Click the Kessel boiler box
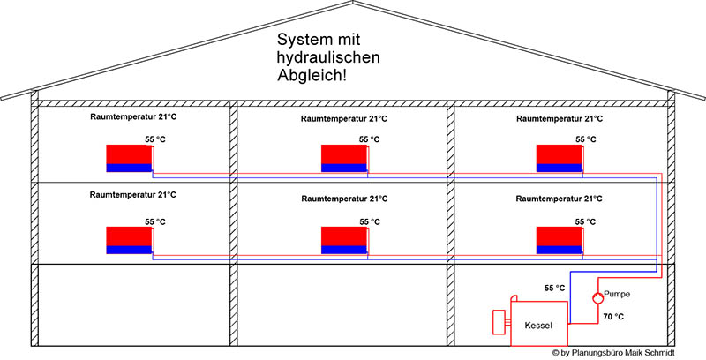click(538, 325)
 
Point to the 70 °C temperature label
click(613, 316)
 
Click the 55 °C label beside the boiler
click(555, 289)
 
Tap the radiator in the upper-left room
click(129, 157)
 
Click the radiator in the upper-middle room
click(343, 157)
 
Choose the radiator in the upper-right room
click(559, 157)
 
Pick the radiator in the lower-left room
click(129, 240)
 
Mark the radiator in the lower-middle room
click(343, 240)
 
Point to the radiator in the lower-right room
click(559, 240)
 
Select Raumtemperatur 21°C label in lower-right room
click(560, 199)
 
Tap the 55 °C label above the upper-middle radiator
click(369, 139)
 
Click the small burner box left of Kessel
click(499, 321)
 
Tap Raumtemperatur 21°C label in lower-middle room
click(343, 199)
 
